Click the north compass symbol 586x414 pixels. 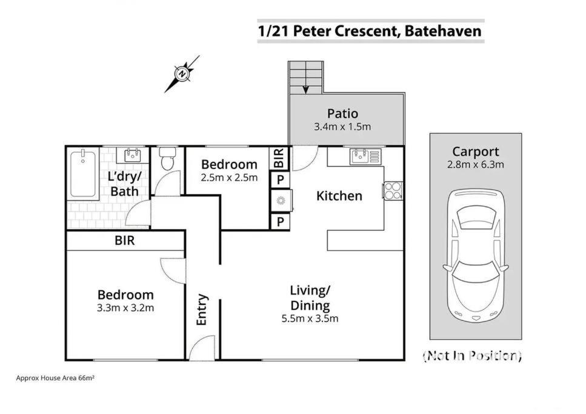click(x=182, y=73)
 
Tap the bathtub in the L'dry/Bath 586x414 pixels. click(x=83, y=173)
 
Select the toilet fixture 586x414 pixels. click(x=167, y=158)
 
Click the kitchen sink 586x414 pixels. click(x=365, y=156)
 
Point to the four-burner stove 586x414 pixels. click(x=393, y=190)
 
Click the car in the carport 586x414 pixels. click(x=475, y=256)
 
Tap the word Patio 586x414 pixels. click(x=343, y=113)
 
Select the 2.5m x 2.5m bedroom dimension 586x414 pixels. click(x=229, y=177)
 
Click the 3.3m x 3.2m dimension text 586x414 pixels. click(x=125, y=308)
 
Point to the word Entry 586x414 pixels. click(x=201, y=310)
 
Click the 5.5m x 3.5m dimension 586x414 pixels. click(x=310, y=318)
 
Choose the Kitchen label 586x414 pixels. click(x=339, y=196)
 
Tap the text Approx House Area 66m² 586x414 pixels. click(x=55, y=378)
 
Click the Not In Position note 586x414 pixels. click(x=472, y=356)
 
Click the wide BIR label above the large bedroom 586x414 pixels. click(x=124, y=241)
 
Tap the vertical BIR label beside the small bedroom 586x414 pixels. click(x=279, y=158)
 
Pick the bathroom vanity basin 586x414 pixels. click(x=132, y=155)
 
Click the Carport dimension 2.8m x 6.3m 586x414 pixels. click(x=475, y=164)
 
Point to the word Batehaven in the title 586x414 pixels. click(x=443, y=31)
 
